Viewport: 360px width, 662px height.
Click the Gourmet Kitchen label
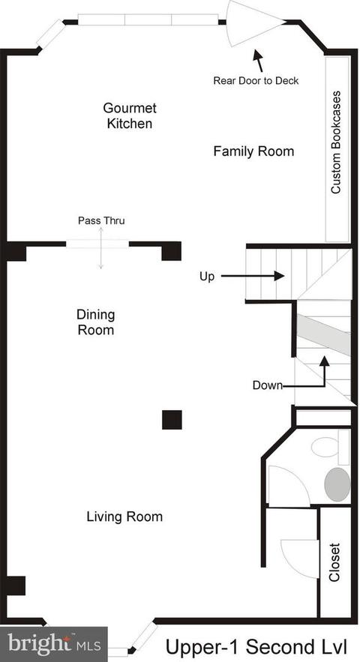130,115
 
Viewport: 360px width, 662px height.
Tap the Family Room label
253,151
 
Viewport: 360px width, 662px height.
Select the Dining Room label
95,322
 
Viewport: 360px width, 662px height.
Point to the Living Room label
124,517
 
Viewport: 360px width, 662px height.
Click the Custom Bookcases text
336,142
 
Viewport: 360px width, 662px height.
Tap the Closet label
334,562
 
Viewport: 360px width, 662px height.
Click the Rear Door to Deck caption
256,81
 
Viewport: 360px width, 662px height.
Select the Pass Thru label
101,220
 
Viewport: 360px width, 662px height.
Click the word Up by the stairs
207,277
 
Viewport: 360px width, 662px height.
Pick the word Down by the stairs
268,385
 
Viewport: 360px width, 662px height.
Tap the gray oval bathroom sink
337,484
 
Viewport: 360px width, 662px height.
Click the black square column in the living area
172,420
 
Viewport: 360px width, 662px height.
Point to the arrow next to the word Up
252,276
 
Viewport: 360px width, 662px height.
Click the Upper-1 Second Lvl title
256,646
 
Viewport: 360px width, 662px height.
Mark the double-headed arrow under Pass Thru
101,248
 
